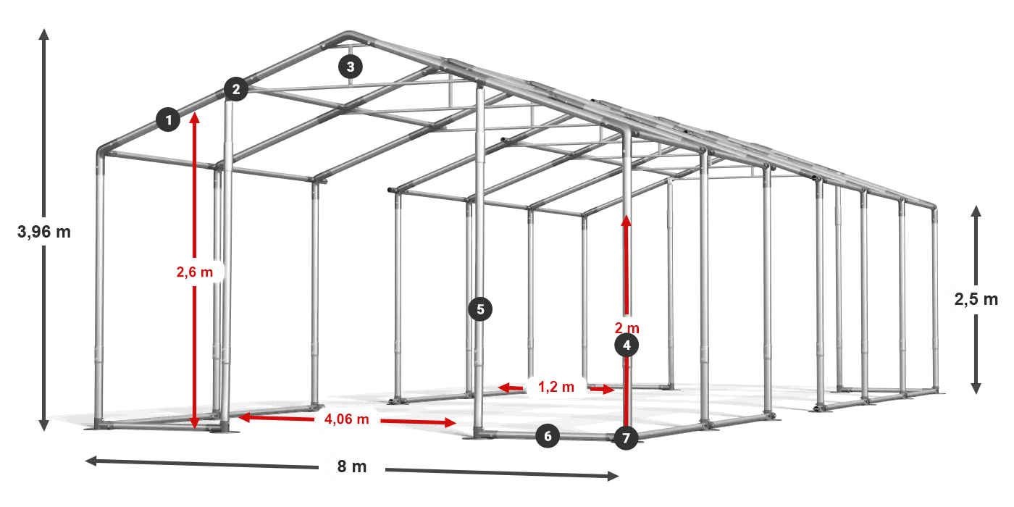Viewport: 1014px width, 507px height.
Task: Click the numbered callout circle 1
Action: coord(168,120)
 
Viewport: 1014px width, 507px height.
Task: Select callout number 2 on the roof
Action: coord(235,90)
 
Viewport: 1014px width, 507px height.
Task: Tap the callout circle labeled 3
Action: coord(351,67)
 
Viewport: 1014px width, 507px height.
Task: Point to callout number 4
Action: coord(627,346)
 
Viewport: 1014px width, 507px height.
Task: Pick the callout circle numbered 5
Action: coord(480,309)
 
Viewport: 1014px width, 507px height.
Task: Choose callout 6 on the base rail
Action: coord(548,436)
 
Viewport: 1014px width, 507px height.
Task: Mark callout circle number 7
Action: coord(627,437)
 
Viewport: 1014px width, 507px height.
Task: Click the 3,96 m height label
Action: coord(44,232)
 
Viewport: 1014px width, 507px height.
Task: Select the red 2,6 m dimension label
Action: coord(195,272)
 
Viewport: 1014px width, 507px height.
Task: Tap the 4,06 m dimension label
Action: coord(347,419)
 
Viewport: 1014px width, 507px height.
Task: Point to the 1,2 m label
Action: coord(556,387)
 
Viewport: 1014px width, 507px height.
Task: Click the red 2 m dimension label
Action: coord(627,327)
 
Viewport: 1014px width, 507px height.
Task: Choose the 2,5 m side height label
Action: coord(976,298)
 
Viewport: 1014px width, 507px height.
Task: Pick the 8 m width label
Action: coord(352,466)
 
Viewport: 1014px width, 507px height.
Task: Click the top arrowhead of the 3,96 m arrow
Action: coord(44,33)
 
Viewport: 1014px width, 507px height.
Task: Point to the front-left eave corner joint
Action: coord(105,152)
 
